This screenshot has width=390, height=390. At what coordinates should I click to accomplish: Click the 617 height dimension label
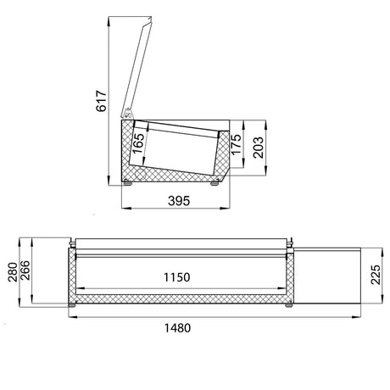pyautogui.click(x=101, y=101)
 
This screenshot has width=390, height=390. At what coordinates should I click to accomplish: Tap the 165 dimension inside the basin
pyautogui.click(x=139, y=143)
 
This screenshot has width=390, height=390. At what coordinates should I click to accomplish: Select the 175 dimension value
pyautogui.click(x=236, y=144)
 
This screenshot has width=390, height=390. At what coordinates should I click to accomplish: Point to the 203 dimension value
pyautogui.click(x=258, y=148)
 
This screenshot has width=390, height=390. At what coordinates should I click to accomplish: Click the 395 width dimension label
pyautogui.click(x=179, y=201)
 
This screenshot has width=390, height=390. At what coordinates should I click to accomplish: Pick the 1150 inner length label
pyautogui.click(x=177, y=277)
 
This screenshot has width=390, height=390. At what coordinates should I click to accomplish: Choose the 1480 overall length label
pyautogui.click(x=177, y=328)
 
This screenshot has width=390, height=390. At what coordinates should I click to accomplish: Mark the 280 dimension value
pyautogui.click(x=13, y=272)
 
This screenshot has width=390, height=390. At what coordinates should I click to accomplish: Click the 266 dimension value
pyautogui.click(x=25, y=270)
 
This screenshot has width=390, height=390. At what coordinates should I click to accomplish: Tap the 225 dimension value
pyautogui.click(x=376, y=275)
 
